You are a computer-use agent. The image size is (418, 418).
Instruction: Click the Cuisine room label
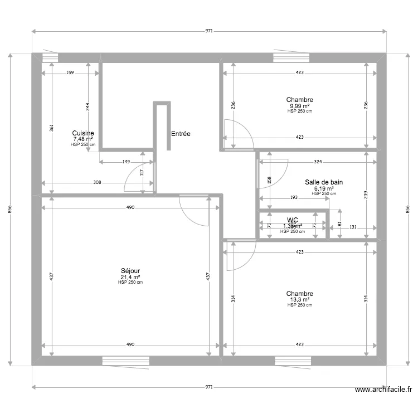pos(83,133)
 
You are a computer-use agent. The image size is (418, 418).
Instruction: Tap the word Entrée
pos(181,134)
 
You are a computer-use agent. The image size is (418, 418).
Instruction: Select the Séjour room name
pos(130,270)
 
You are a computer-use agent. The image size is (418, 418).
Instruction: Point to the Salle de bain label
pos(323,182)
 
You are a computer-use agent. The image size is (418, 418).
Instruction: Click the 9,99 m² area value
pos(300,106)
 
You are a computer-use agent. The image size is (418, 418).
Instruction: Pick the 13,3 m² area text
pos(299,299)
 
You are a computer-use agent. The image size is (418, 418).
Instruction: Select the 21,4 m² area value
pos(130,276)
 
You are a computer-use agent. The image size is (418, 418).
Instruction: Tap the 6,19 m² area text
pos(323,188)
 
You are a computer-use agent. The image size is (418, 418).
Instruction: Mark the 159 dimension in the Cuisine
pos(70,73)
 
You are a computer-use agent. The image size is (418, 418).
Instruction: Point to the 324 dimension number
pos(318,162)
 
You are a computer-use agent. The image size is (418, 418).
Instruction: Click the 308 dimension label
pos(96,182)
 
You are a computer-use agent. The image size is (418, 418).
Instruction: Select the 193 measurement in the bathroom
pos(294,197)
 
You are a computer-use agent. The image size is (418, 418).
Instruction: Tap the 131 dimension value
pos(352,227)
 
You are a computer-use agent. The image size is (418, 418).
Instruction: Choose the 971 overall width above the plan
pos(208,31)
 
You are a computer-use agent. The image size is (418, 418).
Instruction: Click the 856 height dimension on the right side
pos(407,208)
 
